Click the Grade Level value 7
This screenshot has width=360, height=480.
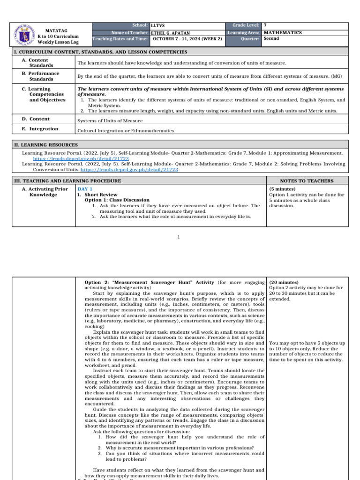[x=266, y=25]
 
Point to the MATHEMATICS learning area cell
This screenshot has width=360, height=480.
[x=283, y=33]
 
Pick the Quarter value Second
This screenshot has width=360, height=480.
[x=272, y=39]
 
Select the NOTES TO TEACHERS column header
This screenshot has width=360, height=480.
[x=307, y=181]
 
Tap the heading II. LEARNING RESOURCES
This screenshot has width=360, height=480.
[x=45, y=145]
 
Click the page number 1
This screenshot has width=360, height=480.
[x=179, y=237]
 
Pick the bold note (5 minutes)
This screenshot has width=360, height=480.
[x=282, y=189]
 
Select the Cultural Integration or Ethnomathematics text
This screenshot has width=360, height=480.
[x=126, y=131]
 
